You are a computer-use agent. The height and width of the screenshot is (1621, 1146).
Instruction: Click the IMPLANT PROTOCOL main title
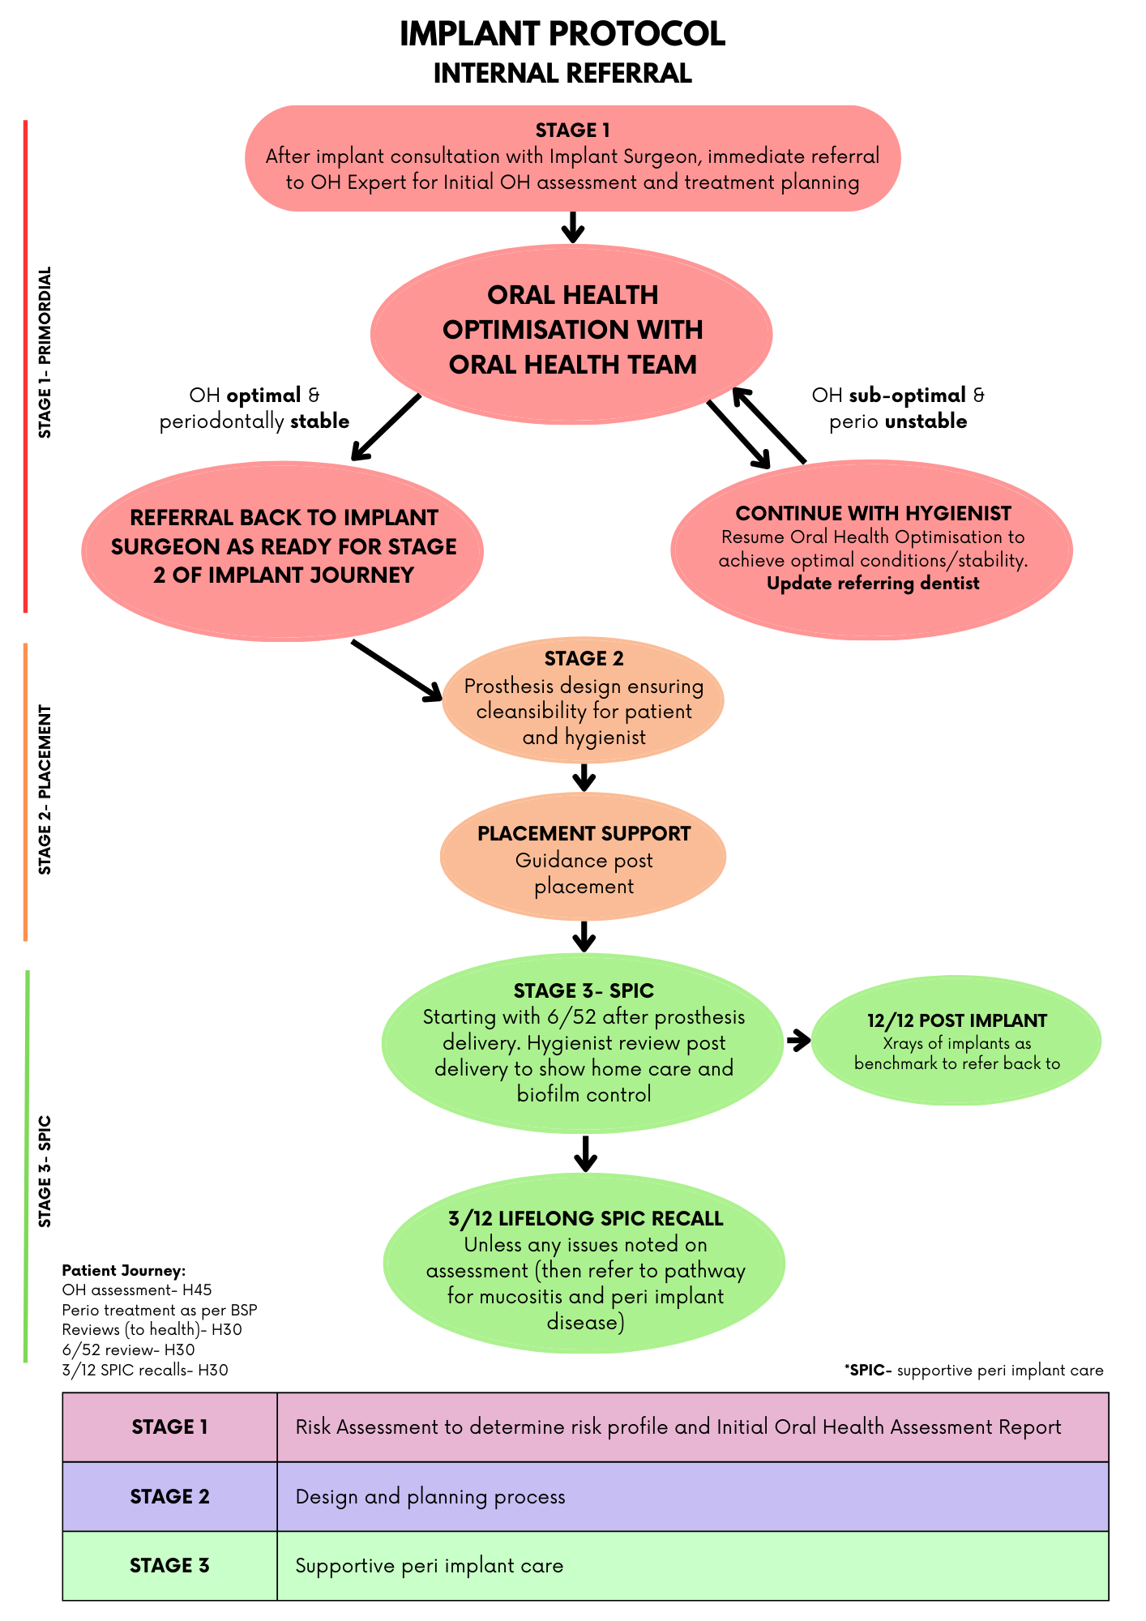tap(562, 35)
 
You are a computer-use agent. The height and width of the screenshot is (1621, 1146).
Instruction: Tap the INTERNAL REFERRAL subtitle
tap(562, 74)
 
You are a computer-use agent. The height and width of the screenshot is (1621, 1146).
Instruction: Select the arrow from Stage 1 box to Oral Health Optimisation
tap(573, 227)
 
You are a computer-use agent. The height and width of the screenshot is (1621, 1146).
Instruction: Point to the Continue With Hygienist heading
tap(873, 513)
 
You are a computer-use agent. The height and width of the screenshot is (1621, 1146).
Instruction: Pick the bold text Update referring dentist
tap(873, 584)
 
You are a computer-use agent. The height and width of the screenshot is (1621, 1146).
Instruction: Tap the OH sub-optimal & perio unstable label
tap(898, 408)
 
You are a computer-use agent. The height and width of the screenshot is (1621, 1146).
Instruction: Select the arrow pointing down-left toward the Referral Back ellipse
tap(385, 428)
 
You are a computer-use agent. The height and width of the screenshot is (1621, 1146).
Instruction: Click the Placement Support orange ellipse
tap(584, 858)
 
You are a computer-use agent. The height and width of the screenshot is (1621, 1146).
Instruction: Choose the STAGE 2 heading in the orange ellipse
tap(584, 659)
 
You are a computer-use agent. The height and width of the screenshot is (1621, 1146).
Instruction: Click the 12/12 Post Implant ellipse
tap(956, 1041)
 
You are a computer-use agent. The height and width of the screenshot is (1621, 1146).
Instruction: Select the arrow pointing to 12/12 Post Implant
tap(798, 1041)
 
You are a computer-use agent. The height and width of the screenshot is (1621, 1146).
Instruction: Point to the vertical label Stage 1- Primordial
tap(45, 353)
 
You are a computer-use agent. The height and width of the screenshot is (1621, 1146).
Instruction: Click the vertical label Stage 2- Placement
tap(45, 789)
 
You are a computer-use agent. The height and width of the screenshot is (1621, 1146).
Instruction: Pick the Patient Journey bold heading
tap(124, 1270)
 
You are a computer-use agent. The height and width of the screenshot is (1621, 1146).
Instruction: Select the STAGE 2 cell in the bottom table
tap(170, 1496)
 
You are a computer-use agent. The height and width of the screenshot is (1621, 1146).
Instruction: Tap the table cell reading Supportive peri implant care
tap(430, 1566)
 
